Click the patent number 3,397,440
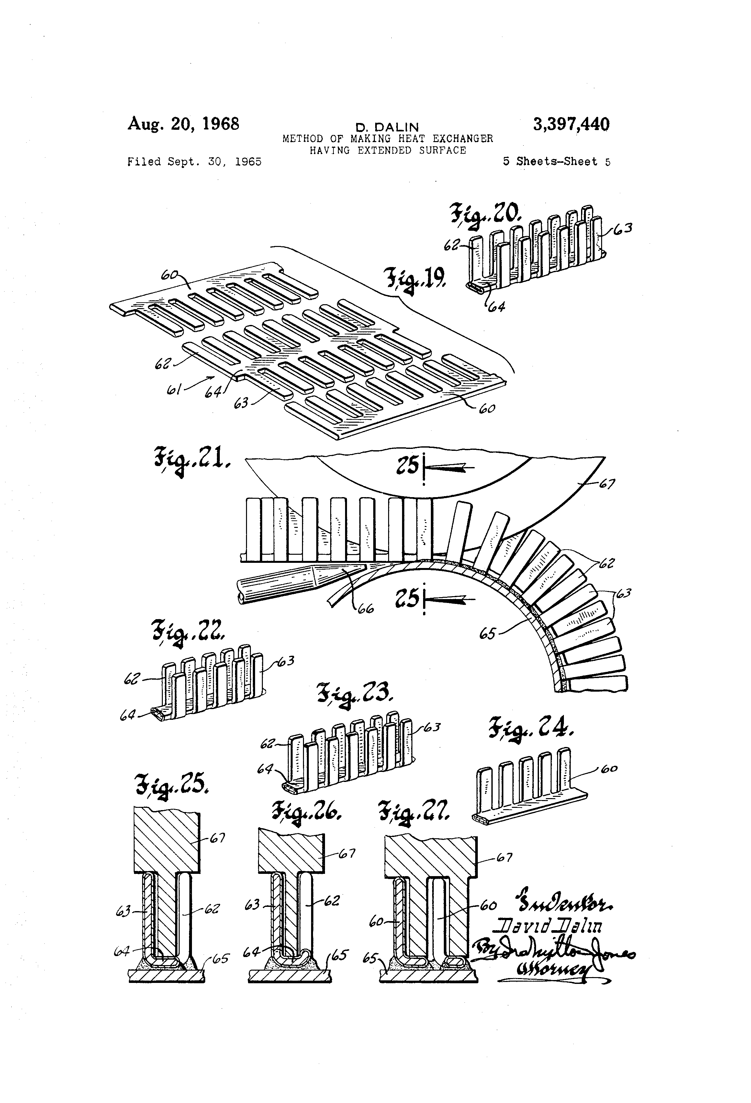click(x=571, y=124)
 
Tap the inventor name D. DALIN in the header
click(x=387, y=127)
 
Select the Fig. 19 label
click(x=414, y=280)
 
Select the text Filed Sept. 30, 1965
click(x=194, y=162)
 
